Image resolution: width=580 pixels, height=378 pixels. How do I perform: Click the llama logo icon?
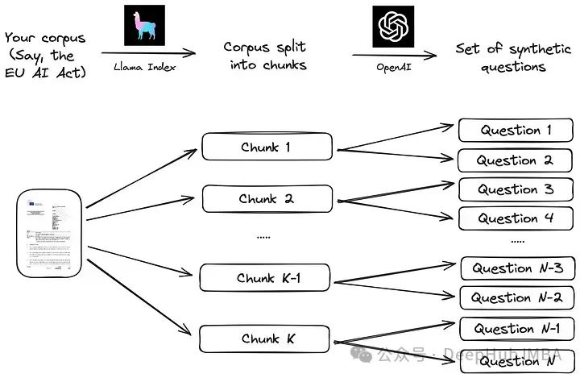144,26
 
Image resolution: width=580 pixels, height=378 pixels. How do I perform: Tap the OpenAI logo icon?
392,26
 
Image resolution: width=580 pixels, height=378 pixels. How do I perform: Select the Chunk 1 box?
267,147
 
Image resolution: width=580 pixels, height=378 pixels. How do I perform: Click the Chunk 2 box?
267,198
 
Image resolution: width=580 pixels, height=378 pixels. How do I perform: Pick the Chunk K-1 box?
266,278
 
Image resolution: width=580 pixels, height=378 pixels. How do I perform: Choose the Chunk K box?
265,339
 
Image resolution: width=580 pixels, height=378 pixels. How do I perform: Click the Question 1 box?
516,130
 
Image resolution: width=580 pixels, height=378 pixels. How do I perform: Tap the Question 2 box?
516,160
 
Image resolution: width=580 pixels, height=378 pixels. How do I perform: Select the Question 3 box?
516,189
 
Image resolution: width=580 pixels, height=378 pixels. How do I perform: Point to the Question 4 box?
516,218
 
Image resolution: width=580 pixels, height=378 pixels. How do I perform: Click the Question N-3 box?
517,268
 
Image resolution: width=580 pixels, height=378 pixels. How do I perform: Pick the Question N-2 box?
517,297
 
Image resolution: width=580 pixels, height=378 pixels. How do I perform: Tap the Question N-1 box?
517,328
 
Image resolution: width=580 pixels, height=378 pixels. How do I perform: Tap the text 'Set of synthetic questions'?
512,56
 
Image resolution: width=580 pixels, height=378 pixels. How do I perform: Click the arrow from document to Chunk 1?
143,177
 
